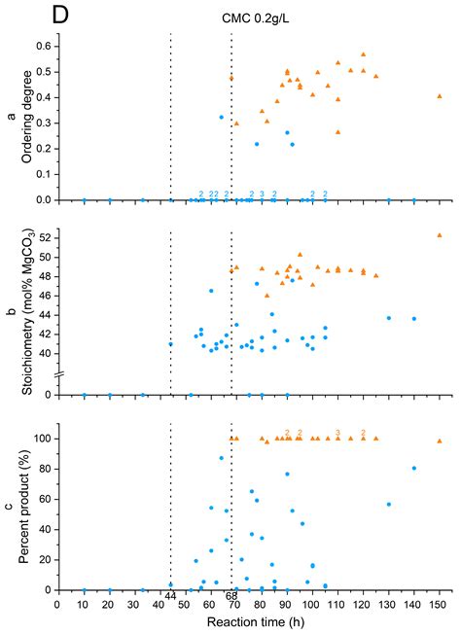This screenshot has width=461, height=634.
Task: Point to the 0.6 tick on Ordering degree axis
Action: [42, 46]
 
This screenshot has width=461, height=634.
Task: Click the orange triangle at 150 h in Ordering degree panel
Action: [440, 96]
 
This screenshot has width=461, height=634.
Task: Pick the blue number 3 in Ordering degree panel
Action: [262, 194]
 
